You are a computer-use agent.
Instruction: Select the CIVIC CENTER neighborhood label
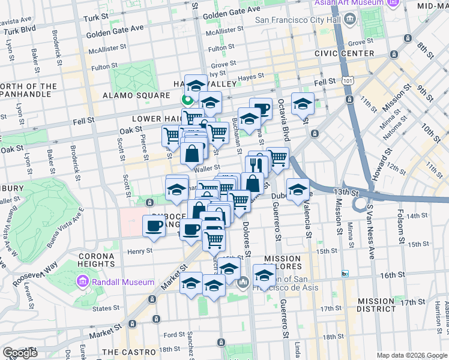coord(345,53)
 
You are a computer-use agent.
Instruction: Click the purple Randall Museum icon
coord(82,281)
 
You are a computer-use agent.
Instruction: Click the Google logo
coord(20,353)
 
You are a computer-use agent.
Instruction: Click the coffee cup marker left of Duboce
coord(153,226)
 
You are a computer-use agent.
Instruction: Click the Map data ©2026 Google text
coord(411,355)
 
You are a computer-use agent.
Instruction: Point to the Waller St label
coord(205,169)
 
